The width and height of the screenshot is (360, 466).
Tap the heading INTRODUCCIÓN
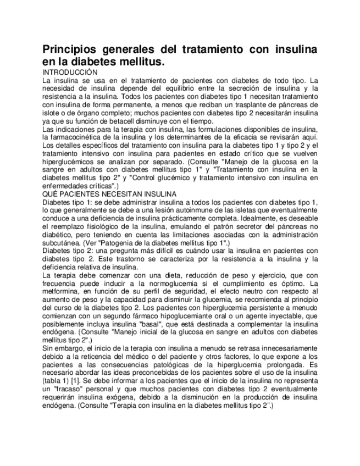coord(70,73)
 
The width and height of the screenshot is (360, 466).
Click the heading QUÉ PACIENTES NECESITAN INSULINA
coord(109,194)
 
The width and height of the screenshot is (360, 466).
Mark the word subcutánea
coord(60,242)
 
